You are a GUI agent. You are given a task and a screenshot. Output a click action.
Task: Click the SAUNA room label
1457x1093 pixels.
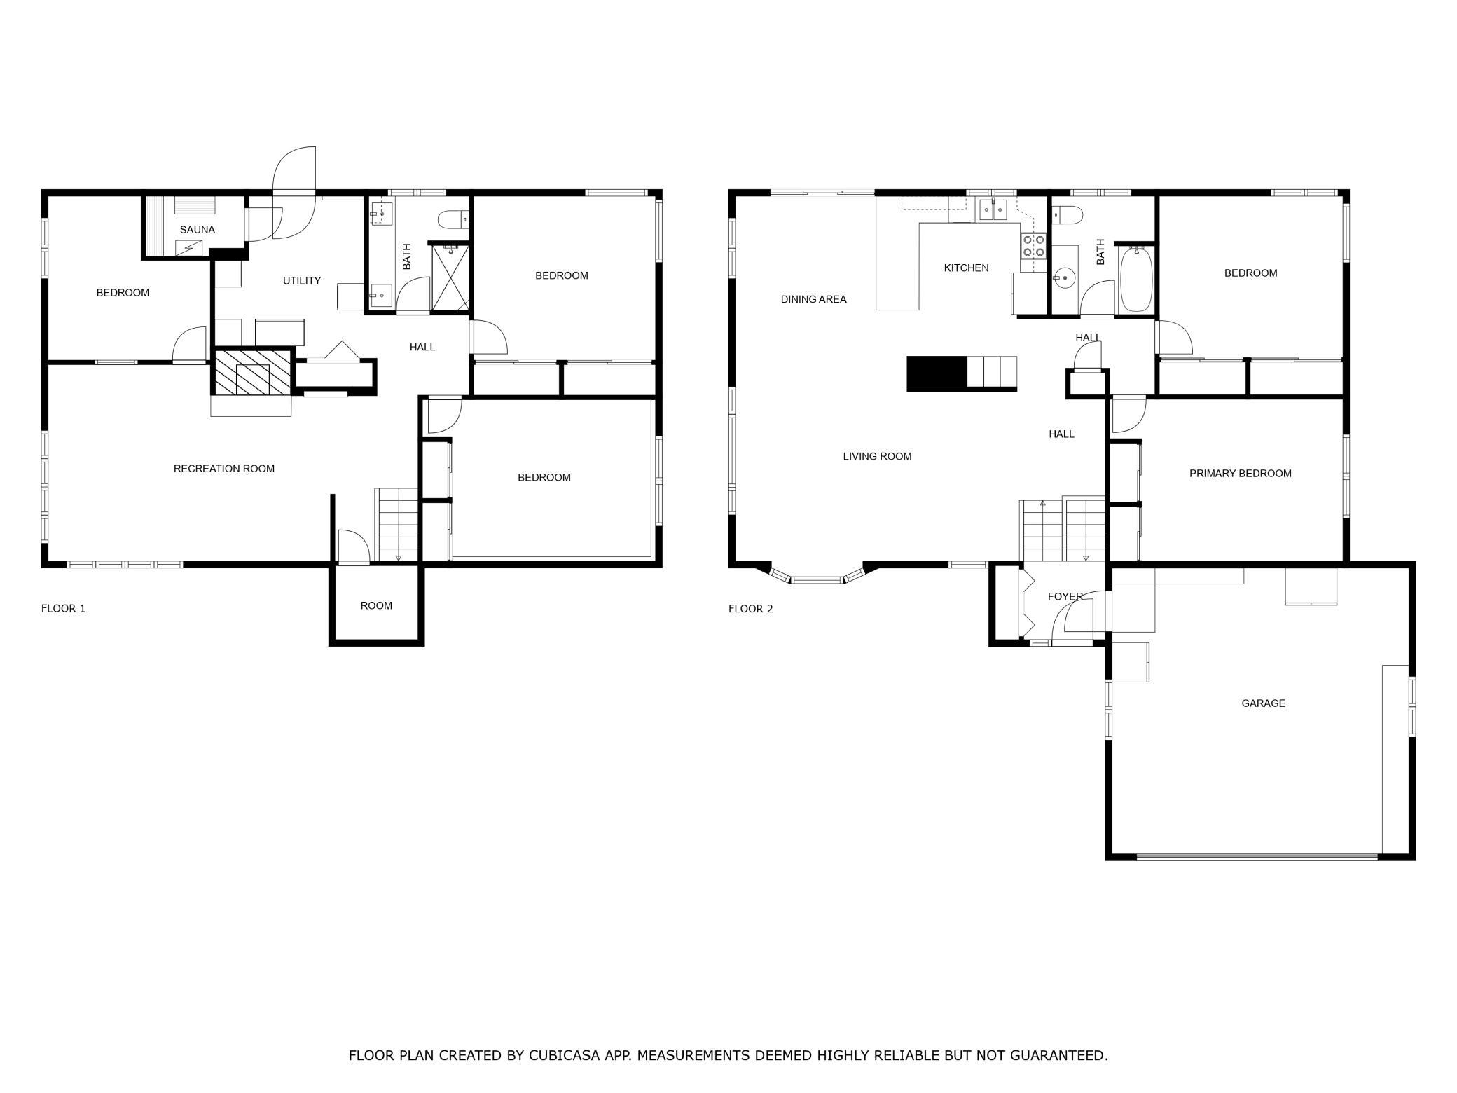click(197, 230)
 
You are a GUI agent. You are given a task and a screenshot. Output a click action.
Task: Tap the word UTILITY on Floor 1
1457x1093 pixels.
click(302, 280)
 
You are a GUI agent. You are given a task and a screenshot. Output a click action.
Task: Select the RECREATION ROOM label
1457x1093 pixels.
click(224, 469)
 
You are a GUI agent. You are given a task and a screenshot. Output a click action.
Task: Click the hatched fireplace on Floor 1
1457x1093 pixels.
click(251, 371)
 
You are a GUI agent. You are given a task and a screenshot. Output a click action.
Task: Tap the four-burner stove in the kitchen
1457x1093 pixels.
click(1033, 245)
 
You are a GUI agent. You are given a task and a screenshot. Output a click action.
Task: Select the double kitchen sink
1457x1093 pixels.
click(993, 209)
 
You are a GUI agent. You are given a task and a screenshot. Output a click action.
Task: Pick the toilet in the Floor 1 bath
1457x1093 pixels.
click(453, 221)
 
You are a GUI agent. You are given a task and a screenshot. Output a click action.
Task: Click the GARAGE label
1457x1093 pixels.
click(1263, 703)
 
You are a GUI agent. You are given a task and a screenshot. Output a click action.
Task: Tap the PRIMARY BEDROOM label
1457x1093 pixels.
click(1240, 474)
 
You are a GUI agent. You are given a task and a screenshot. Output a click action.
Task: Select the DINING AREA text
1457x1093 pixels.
click(813, 299)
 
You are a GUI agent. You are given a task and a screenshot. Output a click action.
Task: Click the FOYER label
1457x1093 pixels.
click(1065, 596)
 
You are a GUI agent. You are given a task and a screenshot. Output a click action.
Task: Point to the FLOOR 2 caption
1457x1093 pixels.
click(750, 608)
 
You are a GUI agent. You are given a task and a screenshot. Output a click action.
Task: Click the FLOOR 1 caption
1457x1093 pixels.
click(63, 608)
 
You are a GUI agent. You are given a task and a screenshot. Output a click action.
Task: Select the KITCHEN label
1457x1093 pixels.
click(966, 268)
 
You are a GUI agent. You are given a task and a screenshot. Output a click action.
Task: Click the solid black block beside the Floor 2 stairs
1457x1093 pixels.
click(937, 373)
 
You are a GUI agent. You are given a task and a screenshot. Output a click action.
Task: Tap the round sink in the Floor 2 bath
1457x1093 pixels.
click(1063, 278)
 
